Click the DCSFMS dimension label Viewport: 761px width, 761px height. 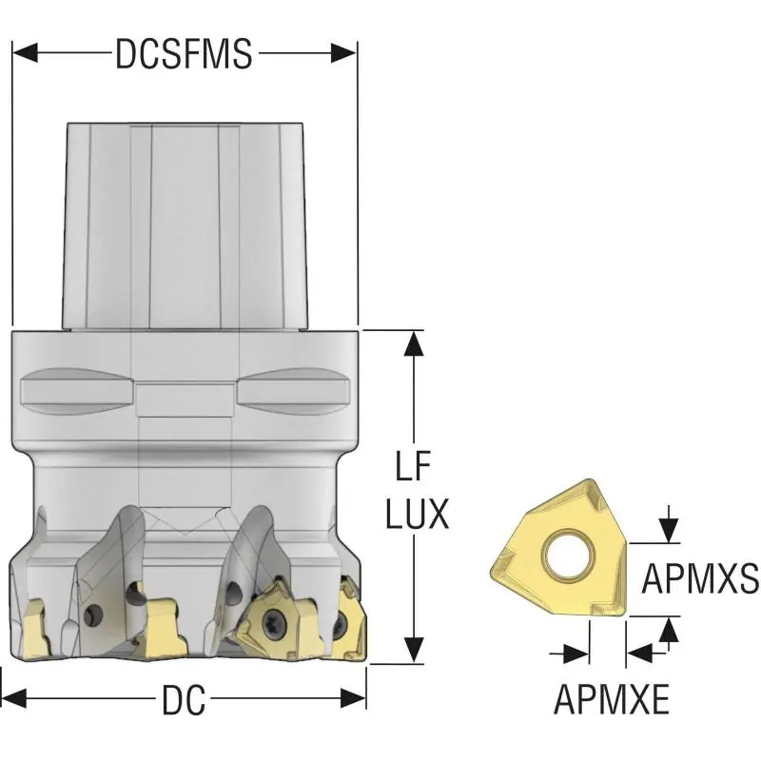(x=184, y=53)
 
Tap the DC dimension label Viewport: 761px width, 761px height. (x=184, y=700)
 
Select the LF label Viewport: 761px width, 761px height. (x=414, y=467)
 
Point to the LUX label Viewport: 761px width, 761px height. (x=417, y=514)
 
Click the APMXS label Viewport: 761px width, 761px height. (x=700, y=578)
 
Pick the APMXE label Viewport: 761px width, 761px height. (x=612, y=699)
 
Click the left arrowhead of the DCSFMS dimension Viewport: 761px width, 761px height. (x=25, y=52)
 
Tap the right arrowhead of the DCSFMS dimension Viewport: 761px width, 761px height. (x=344, y=52)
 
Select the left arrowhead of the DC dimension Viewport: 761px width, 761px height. (x=13, y=698)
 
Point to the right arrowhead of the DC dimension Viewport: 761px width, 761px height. (x=353, y=698)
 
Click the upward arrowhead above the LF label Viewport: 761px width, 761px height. (x=414, y=343)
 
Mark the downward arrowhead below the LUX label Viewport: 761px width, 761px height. (x=414, y=650)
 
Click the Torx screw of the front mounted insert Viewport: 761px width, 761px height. (x=269, y=620)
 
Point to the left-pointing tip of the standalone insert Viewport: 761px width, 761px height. (x=491, y=567)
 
